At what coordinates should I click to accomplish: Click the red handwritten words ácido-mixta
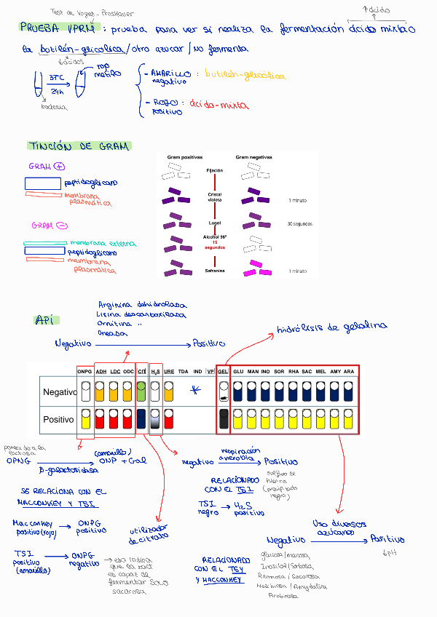tap(218, 104)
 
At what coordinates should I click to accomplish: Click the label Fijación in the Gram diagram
tap(214, 170)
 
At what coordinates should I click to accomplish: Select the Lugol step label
tap(214, 223)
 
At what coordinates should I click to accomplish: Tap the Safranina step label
tap(214, 271)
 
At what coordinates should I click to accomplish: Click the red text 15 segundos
tap(214, 245)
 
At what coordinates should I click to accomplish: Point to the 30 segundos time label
tap(299, 223)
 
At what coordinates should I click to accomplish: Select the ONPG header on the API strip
tap(85, 372)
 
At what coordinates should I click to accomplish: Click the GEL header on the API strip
tap(223, 372)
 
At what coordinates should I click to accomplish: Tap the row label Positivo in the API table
tap(59, 420)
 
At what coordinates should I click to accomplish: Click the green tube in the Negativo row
tap(141, 394)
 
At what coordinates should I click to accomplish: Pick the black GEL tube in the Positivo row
tap(224, 419)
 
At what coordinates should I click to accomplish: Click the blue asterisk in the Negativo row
tap(194, 391)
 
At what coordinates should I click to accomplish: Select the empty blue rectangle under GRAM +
tap(42, 183)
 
